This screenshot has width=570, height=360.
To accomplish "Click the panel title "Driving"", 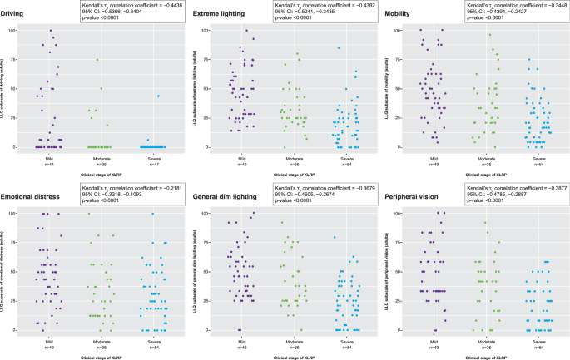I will click(17, 15).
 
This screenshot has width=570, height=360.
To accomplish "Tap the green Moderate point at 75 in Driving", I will click(97, 60).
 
